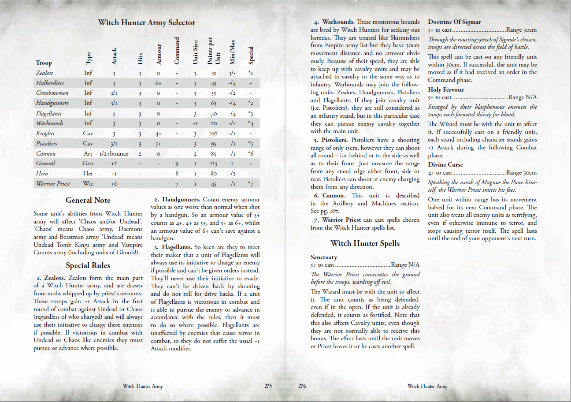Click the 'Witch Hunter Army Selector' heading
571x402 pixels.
point(146,22)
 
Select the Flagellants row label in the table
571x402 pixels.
point(48,113)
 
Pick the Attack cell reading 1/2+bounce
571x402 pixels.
point(113,154)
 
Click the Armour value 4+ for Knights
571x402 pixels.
point(158,134)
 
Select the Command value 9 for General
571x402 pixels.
point(176,164)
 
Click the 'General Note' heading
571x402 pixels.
point(88,200)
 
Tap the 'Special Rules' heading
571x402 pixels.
point(88,265)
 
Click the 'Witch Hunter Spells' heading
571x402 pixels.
point(365,243)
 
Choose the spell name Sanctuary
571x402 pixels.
point(324,257)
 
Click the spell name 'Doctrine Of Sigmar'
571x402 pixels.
point(454,22)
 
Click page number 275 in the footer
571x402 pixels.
point(268,386)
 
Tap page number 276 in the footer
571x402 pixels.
point(302,386)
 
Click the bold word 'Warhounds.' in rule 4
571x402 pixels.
point(338,22)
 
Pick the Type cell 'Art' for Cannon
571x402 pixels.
point(88,154)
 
